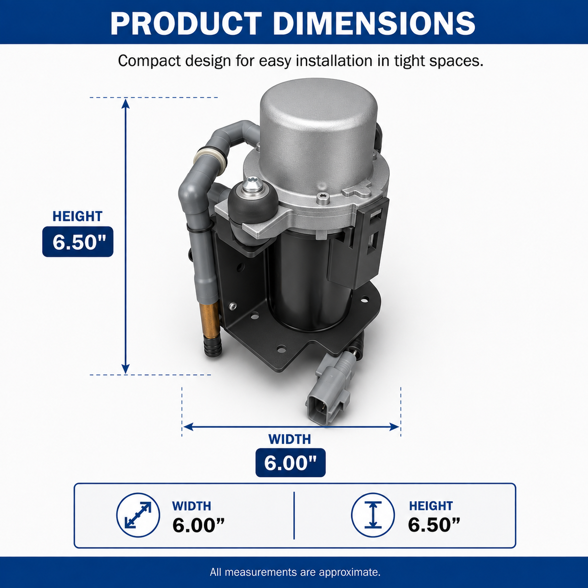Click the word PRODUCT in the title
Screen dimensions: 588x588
186,24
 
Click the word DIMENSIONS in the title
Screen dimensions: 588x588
374,24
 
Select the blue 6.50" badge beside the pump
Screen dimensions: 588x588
78,242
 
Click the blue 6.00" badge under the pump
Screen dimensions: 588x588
291,463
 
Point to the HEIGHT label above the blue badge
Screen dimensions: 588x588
77,217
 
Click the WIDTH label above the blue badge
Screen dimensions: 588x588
290,439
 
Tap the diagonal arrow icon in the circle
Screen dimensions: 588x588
138,515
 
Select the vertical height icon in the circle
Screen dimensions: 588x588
373,515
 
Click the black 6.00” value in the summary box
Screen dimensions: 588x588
198,525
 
